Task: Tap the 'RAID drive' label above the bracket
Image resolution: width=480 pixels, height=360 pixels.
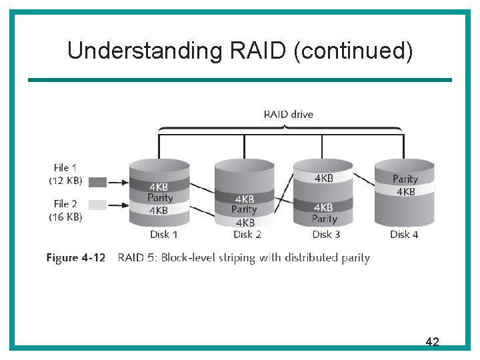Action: (288, 114)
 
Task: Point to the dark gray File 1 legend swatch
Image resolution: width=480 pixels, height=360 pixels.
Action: (97, 181)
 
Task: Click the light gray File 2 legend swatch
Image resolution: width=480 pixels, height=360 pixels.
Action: (97, 205)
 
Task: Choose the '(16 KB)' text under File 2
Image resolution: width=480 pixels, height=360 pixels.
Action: (66, 217)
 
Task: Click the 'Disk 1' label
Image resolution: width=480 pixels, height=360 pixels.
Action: (163, 234)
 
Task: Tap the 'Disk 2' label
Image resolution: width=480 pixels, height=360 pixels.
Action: (247, 234)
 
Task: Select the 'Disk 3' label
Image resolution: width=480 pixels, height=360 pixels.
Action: (326, 234)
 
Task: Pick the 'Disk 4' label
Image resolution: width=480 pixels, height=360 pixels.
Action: (404, 234)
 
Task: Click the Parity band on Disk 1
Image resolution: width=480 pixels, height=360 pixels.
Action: (160, 198)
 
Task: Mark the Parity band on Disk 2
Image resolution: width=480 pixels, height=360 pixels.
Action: (244, 210)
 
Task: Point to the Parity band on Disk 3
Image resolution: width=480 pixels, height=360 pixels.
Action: (325, 219)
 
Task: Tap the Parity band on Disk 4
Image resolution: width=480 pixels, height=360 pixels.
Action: (405, 179)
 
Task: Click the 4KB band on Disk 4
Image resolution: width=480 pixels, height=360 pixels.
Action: (405, 191)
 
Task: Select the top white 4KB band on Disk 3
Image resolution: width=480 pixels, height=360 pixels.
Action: (324, 178)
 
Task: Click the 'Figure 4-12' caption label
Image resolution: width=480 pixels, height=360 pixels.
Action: (75, 258)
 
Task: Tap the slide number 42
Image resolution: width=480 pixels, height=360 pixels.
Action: (432, 342)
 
